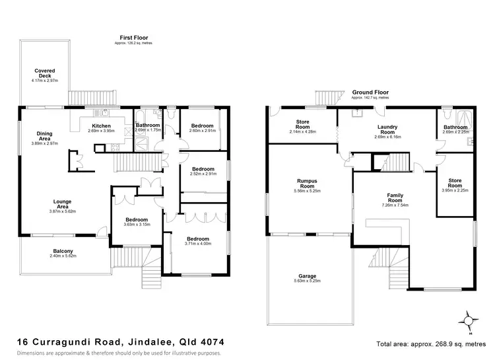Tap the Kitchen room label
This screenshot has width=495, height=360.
coord(101,126)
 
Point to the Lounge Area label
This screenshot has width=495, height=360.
coord(45,204)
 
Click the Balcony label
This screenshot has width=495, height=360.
coord(63,251)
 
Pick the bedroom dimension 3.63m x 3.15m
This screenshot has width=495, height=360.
coord(136,225)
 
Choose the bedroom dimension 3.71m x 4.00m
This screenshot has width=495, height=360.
coord(197,243)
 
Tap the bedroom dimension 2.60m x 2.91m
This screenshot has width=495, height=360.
coord(202,131)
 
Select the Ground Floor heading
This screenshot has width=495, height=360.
coord(370,92)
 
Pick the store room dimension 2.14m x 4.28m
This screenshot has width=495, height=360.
coord(304,131)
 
